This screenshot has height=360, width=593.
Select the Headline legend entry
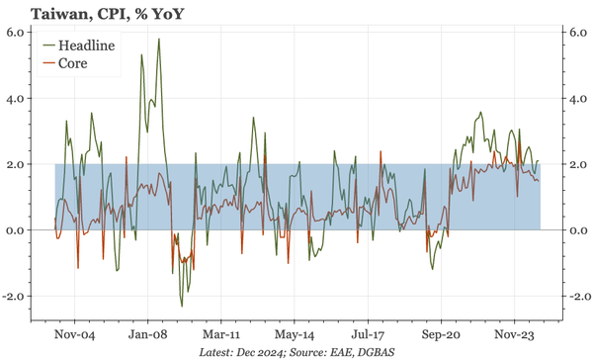tap(86, 45)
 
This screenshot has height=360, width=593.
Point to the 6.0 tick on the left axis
tap(19, 33)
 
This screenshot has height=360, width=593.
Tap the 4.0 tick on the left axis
tap(19, 99)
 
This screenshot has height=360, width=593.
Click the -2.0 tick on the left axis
tap(17, 297)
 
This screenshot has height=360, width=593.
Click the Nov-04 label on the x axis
tap(73, 335)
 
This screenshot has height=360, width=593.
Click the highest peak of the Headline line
tap(159, 40)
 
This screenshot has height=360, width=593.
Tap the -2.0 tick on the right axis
tap(574, 297)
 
